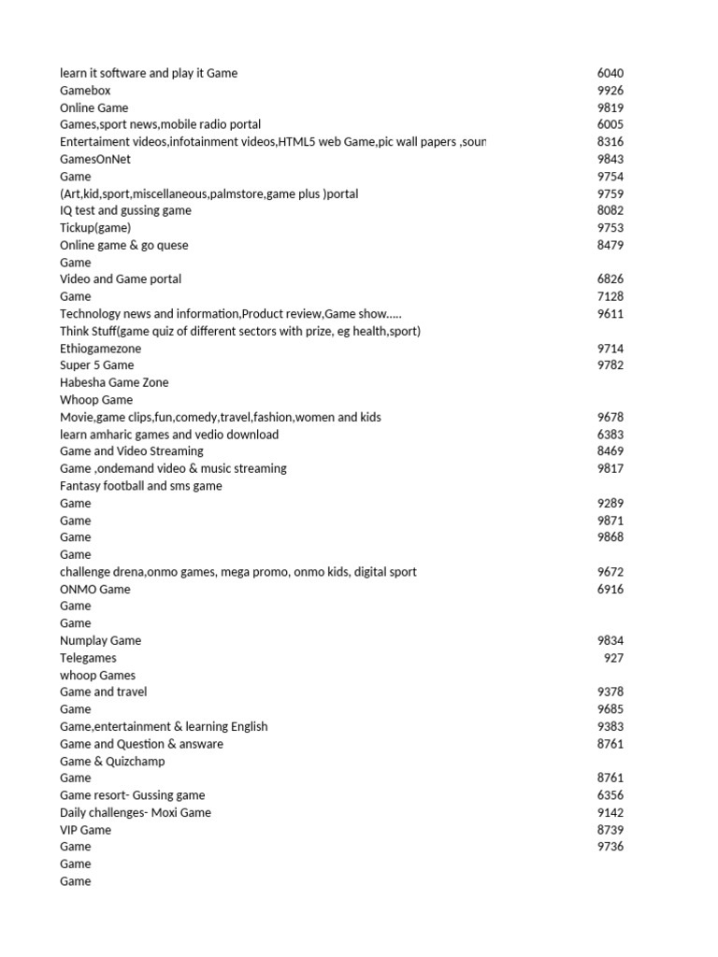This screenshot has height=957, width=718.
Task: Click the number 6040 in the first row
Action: click(x=610, y=73)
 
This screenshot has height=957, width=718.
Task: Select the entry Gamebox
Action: click(x=85, y=91)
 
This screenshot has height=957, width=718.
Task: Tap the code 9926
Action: click(x=610, y=91)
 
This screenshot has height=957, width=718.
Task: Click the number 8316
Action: click(x=610, y=142)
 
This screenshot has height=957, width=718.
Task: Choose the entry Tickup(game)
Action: click(x=95, y=228)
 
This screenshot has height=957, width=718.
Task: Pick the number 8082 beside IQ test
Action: click(x=610, y=210)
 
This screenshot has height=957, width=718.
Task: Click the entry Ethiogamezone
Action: click(x=101, y=349)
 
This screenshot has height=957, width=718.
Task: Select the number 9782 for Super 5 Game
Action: click(x=610, y=365)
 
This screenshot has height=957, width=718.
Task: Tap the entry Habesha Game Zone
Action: click(x=114, y=382)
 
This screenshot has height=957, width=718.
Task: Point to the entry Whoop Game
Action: click(x=96, y=400)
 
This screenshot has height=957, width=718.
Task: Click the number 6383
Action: click(x=610, y=435)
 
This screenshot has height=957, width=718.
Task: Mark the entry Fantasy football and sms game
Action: click(x=141, y=486)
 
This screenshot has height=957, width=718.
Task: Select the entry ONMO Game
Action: click(x=95, y=589)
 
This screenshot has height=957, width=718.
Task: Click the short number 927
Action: click(x=613, y=658)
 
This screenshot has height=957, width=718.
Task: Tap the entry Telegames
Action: click(x=88, y=658)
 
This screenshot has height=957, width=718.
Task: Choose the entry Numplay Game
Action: click(x=101, y=641)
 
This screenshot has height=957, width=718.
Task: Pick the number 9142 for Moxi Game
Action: click(x=610, y=812)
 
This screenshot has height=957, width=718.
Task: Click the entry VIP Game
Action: click(x=85, y=830)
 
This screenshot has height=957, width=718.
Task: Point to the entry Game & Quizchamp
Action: click(x=112, y=761)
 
